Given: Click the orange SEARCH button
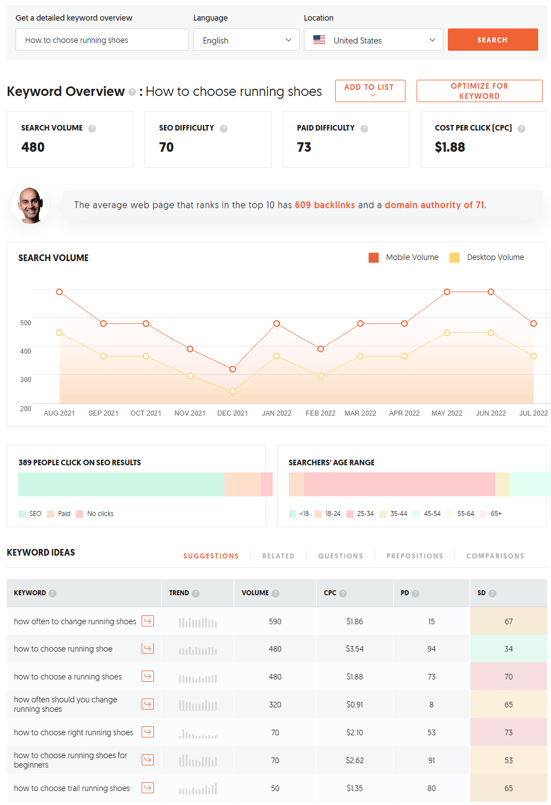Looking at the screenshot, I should (x=492, y=40).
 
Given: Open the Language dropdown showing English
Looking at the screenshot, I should (x=246, y=40).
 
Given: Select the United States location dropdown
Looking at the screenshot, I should (x=373, y=40).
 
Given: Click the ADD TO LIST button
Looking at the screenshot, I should (x=370, y=90).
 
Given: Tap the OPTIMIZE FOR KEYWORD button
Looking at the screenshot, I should (x=479, y=91).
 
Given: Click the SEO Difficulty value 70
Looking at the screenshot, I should (x=166, y=147).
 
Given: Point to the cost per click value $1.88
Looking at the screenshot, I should (x=449, y=147).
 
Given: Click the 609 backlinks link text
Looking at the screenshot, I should (x=325, y=205).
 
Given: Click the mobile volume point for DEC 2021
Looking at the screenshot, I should (x=233, y=369).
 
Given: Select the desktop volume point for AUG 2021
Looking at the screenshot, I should (x=60, y=333).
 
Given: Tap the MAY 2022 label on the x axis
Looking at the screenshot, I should (x=447, y=413).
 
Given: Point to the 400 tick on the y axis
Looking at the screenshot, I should (x=26, y=351).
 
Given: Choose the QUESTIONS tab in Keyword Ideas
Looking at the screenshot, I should (x=340, y=556).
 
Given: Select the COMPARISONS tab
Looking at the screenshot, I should (x=495, y=556).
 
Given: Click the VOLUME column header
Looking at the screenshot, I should (x=255, y=593).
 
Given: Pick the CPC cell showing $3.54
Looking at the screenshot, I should (x=355, y=649).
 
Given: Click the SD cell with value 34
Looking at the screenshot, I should (x=508, y=649).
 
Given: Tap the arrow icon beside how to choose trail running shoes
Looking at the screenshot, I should (x=148, y=788).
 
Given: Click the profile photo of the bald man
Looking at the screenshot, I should (x=30, y=205).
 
